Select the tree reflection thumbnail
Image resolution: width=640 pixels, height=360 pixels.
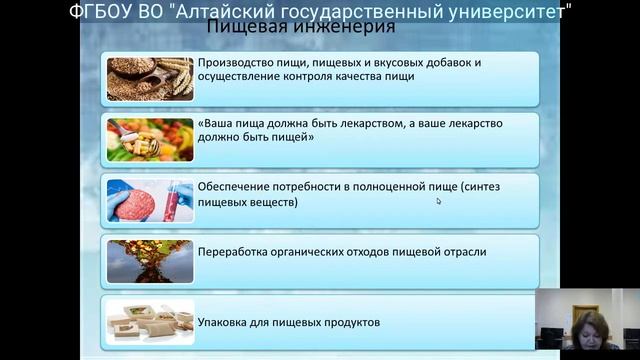coord(148,259)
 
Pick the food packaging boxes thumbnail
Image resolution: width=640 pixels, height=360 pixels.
coord(148,320)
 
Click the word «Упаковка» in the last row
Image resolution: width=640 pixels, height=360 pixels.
coord(226,322)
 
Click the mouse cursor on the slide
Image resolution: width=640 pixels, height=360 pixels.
coord(439,201)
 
